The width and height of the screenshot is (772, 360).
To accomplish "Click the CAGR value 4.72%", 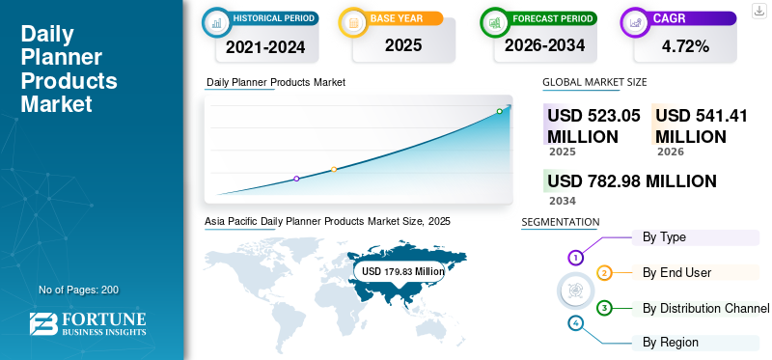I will pyautogui.click(x=686, y=46).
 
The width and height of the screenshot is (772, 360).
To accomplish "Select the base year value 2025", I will pyautogui.click(x=397, y=46).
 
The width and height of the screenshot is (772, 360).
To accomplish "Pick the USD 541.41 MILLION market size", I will pyautogui.click(x=703, y=125).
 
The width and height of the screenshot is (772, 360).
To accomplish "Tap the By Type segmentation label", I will pyautogui.click(x=664, y=236).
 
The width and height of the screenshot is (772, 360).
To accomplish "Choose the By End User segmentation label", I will pyautogui.click(x=676, y=272).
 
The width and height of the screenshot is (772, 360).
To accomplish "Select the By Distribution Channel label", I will pyautogui.click(x=705, y=308).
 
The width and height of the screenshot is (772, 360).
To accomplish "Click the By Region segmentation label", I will pyautogui.click(x=671, y=342).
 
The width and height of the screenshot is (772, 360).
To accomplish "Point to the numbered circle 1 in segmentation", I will pyautogui.click(x=575, y=258).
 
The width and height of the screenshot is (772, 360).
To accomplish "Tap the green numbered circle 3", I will pyautogui.click(x=604, y=308).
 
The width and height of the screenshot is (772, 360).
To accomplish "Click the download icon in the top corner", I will pyautogui.click(x=758, y=12).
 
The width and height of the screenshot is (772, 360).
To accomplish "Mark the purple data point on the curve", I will pyautogui.click(x=296, y=179).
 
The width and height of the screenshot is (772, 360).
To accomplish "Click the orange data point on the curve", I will pyautogui.click(x=334, y=170).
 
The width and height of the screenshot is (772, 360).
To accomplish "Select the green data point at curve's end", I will pyautogui.click(x=500, y=111).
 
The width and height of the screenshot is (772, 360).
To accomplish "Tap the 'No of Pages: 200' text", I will pyautogui.click(x=79, y=290).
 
